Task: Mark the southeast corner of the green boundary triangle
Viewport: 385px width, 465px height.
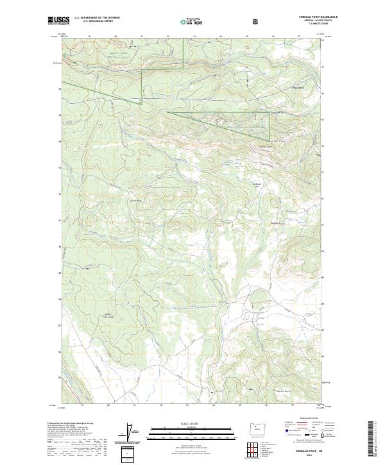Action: (x=268, y=139)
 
